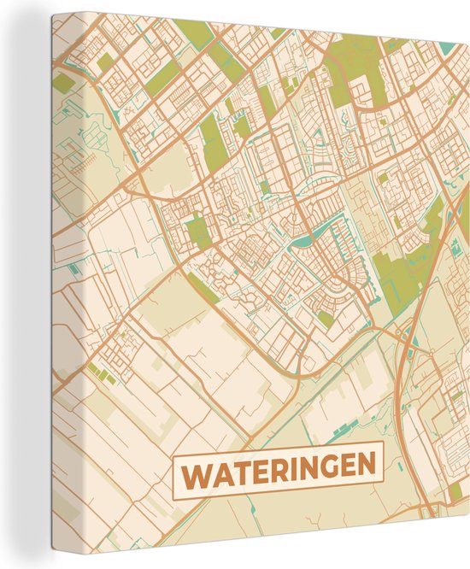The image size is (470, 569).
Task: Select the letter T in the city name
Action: click(243, 468)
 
